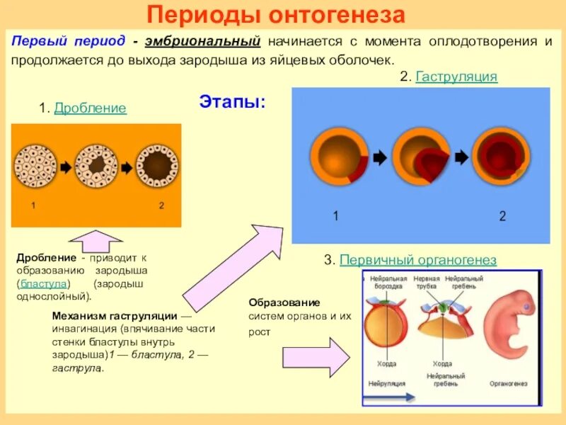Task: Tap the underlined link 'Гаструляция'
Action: click(456, 76)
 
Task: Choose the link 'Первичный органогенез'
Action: click(418, 261)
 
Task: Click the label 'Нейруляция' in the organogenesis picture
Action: click(386, 383)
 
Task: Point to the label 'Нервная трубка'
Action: click(427, 283)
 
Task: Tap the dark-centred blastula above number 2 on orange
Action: click(158, 166)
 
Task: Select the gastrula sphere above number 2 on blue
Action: click(502, 157)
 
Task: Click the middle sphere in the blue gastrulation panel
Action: click(419, 158)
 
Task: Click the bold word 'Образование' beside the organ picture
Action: click(274, 302)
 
